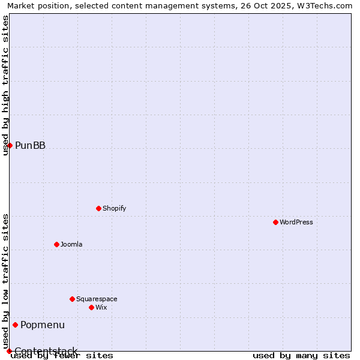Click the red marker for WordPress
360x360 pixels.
(x=275, y=222)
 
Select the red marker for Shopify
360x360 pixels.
(x=98, y=208)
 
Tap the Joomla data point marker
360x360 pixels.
(x=56, y=244)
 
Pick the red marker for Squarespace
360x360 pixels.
(x=72, y=299)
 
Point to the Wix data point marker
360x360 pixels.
(x=91, y=307)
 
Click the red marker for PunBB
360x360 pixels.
(x=10, y=145)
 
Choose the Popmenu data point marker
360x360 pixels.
(x=15, y=325)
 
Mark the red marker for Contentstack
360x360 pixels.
(x=9, y=351)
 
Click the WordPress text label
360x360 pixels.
(x=296, y=222)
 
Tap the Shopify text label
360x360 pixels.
(x=114, y=208)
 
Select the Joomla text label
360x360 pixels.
(x=71, y=244)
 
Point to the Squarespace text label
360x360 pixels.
(x=97, y=299)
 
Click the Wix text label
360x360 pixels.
(x=101, y=307)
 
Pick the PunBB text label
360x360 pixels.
(x=30, y=145)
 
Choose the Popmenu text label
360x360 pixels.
(x=43, y=325)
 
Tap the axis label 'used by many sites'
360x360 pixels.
(x=301, y=355)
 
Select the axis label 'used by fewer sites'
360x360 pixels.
(x=62, y=355)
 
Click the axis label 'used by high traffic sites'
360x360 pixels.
(x=5, y=85)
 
